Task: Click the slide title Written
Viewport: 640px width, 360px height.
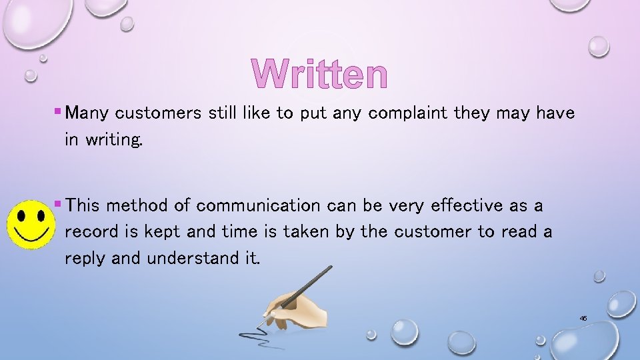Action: (319, 74)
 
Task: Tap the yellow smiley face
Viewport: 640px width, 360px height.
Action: (31, 223)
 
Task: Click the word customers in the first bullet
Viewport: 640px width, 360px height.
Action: (157, 113)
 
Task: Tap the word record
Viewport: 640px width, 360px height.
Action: (89, 232)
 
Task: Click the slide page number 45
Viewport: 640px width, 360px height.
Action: (583, 319)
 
